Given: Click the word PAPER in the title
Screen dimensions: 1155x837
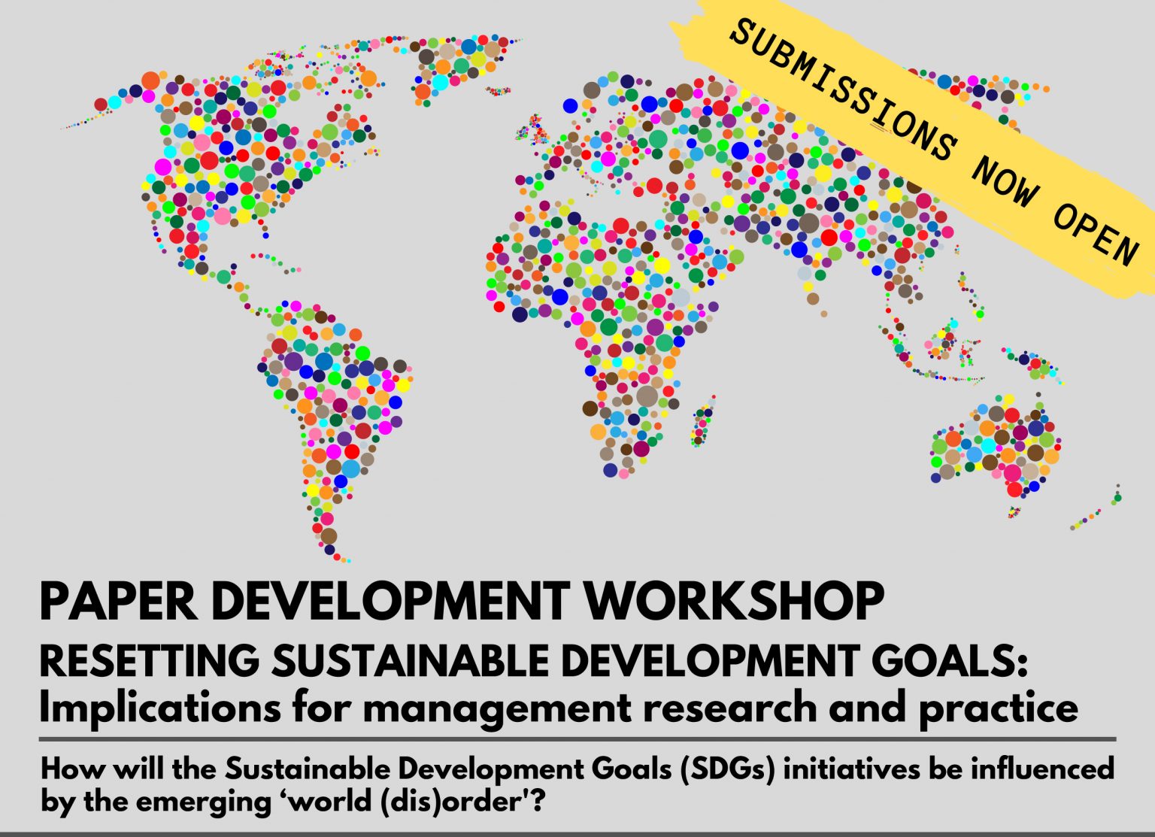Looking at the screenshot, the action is click(x=118, y=602).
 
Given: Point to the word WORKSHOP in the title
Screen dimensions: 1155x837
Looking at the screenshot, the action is click(x=735, y=602).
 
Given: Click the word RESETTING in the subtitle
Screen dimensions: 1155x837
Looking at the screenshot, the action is click(x=150, y=661).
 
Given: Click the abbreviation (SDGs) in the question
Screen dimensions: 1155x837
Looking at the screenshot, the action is click(x=728, y=769).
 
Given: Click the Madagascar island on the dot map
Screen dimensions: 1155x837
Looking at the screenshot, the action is click(x=703, y=421).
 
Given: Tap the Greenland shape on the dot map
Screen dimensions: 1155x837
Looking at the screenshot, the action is click(x=453, y=67).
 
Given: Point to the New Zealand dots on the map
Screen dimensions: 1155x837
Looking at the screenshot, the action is click(x=1096, y=507).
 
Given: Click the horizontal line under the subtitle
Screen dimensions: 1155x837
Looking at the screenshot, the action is click(x=577, y=739).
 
